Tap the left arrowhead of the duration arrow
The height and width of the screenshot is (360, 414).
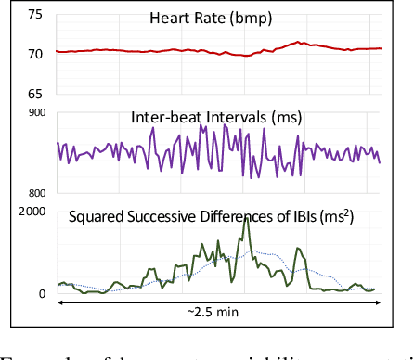pos(59,302)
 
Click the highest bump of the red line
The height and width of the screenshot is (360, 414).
pos(298,42)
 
